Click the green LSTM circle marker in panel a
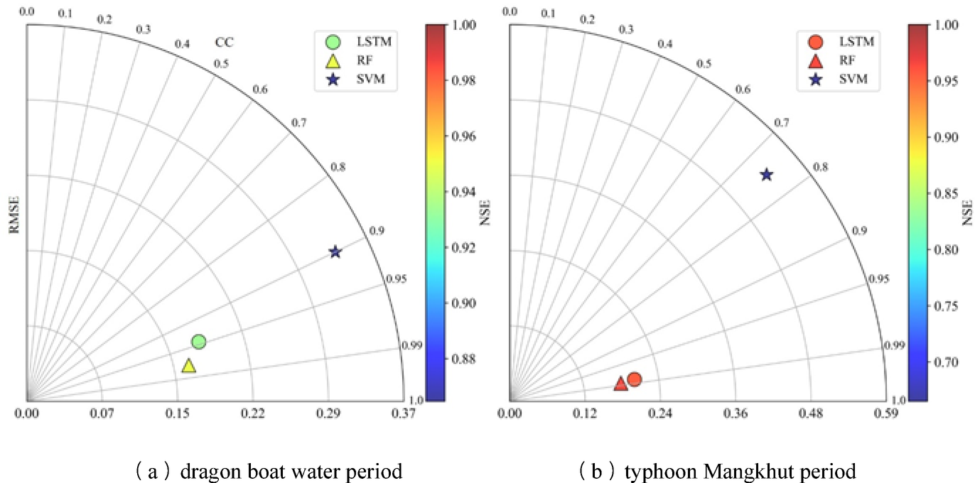pos(199,342)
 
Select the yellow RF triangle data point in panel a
pos(188,366)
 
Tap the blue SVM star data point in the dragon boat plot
pos(335,252)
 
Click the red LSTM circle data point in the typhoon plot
pos(635,379)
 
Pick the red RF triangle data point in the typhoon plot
pos(620,384)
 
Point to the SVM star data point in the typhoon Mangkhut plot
pos(766,175)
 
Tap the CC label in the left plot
pos(225,43)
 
